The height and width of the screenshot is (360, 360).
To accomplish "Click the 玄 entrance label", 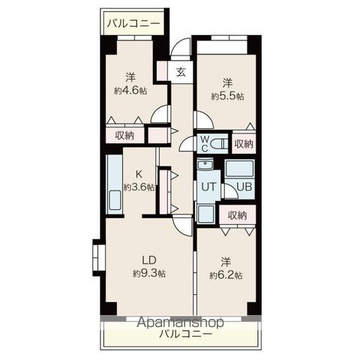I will pyautogui.click(x=181, y=73).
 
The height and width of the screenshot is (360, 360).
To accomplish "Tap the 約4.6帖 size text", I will pyautogui.click(x=130, y=90).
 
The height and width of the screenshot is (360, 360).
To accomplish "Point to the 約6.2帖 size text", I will pyautogui.click(x=226, y=275).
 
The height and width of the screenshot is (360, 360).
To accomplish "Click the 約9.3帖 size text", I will pyautogui.click(x=149, y=273).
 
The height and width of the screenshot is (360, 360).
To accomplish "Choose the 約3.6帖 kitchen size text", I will pyautogui.click(x=139, y=187).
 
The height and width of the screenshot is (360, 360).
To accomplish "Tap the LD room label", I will pyautogui.click(x=148, y=261).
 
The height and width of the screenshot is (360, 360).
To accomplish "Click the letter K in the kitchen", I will pyautogui.click(x=138, y=175).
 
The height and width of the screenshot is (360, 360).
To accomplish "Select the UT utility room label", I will pyautogui.click(x=207, y=187).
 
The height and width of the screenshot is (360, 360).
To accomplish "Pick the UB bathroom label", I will pyautogui.click(x=244, y=187).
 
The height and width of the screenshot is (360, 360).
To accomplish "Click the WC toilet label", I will pyautogui.click(x=202, y=143).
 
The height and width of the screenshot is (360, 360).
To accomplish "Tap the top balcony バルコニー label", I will pyautogui.click(x=133, y=24).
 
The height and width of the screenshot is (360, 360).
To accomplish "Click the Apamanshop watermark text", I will pyautogui.click(x=181, y=322).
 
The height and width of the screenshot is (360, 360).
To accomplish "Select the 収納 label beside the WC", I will pyautogui.click(x=243, y=143).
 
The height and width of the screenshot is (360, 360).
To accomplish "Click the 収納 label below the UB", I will pyautogui.click(x=238, y=215).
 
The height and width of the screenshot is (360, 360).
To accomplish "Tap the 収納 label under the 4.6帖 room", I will pyautogui.click(x=125, y=135).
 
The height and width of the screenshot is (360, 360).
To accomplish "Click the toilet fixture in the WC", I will pyautogui.click(x=218, y=142).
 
